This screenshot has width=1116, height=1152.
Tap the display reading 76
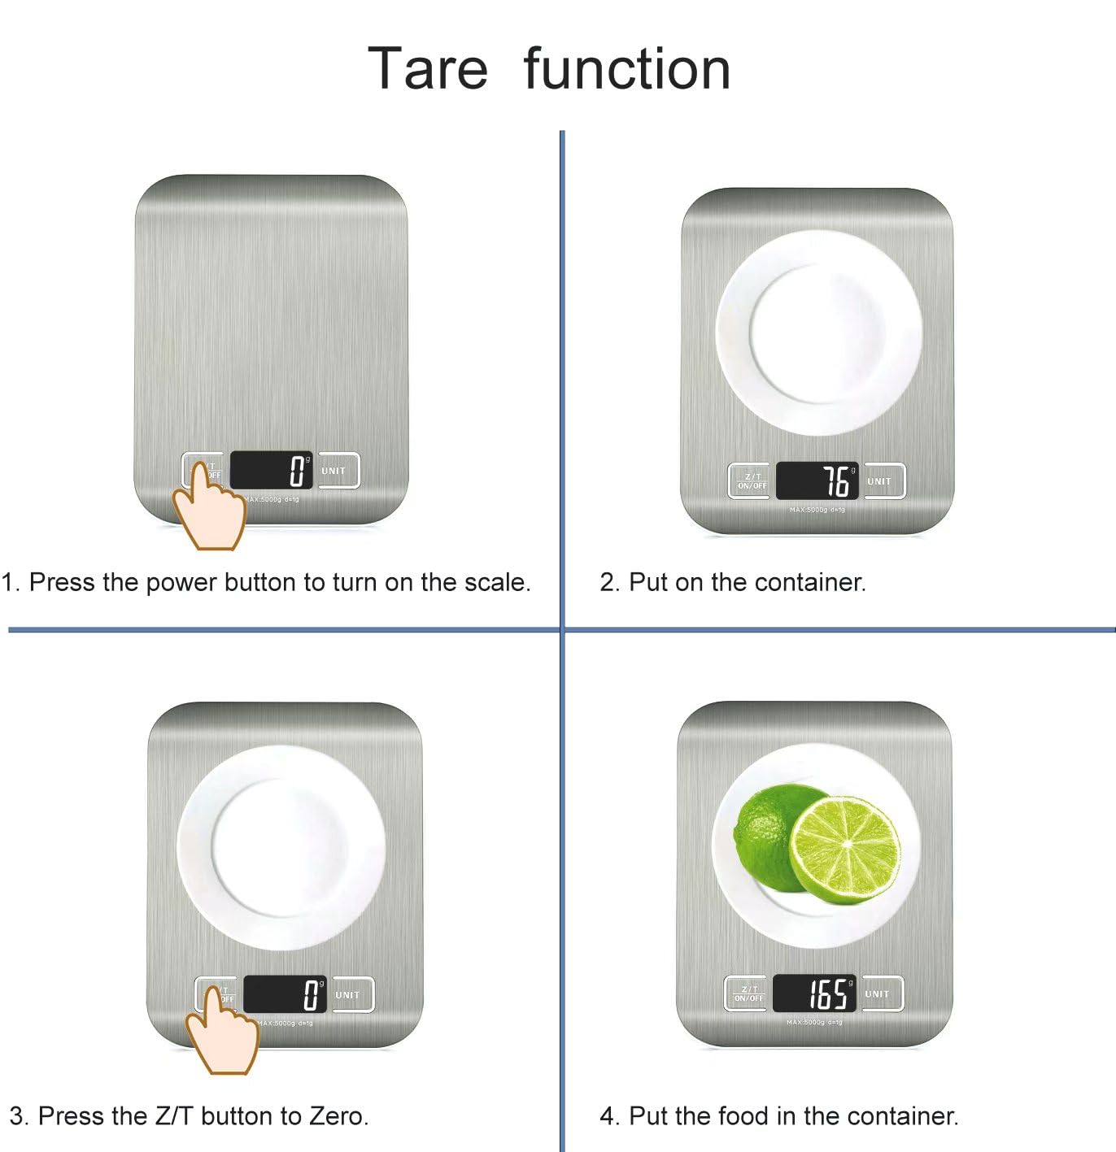point(817,480)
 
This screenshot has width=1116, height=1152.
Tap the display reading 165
point(813,993)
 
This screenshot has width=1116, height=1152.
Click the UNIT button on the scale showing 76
point(879,481)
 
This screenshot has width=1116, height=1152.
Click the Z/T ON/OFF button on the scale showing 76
point(752,481)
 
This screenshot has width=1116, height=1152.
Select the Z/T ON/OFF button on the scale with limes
point(748,993)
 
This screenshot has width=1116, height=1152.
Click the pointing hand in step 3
point(221,1033)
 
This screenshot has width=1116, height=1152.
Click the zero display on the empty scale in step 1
point(271,471)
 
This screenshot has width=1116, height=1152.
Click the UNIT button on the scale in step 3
point(347,995)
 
